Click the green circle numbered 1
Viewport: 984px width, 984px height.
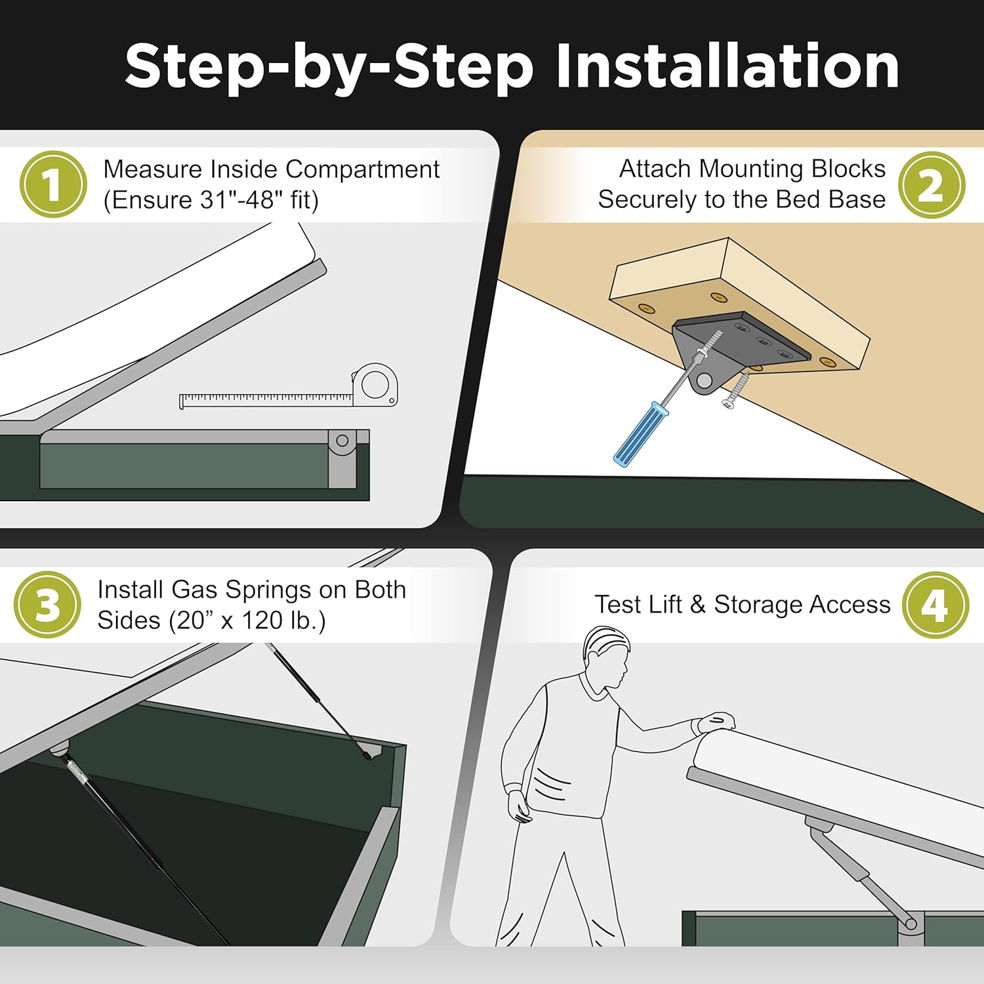point(53,184)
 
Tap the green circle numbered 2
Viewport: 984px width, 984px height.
point(931,184)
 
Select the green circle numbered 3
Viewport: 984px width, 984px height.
point(47,604)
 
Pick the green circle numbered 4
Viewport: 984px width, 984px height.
point(935,604)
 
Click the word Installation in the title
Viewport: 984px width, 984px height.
point(727,66)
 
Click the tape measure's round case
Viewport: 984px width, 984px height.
point(375,385)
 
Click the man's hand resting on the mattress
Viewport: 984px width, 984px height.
point(715,722)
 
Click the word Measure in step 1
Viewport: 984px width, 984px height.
point(152,169)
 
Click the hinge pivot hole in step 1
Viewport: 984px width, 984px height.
point(342,441)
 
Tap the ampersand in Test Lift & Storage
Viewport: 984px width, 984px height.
point(697,605)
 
